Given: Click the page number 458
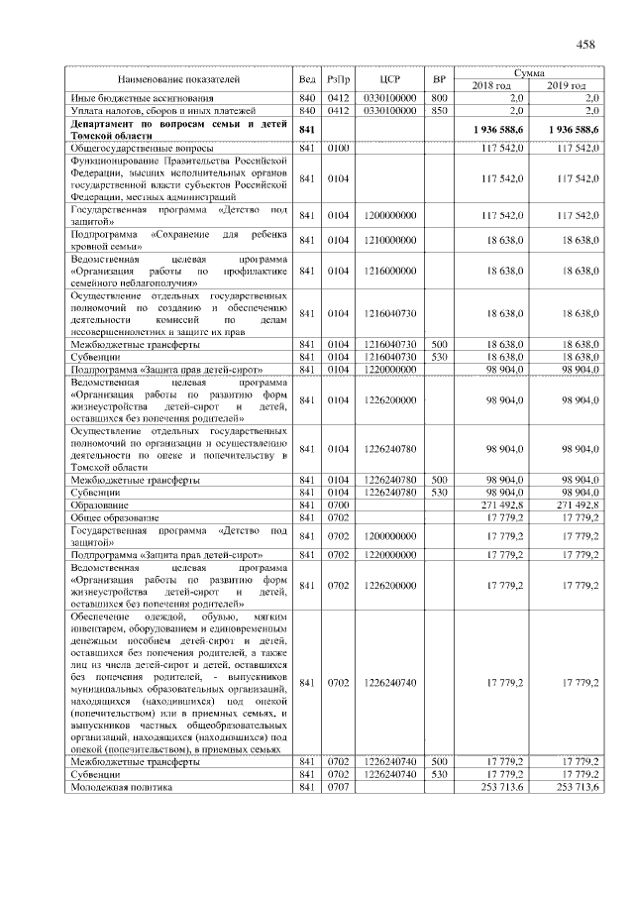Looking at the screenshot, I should tap(584, 44).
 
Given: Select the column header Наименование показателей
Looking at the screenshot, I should tap(177, 78).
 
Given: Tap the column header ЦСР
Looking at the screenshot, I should tap(388, 78).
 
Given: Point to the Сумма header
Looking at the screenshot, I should tap(527, 72).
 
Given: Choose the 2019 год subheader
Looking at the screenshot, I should tap(566, 85).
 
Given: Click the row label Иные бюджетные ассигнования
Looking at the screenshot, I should tap(140, 98).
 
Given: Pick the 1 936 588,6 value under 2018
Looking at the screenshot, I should tap(490, 129).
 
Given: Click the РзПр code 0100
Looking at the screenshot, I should tap(339, 149).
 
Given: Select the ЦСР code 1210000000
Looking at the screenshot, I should tap(388, 240).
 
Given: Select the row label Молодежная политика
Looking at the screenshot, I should tap(120, 787).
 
